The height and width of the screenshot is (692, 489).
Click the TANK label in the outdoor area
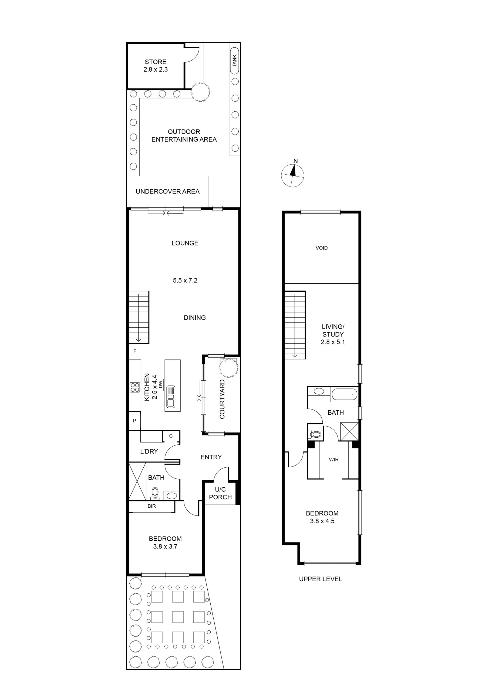(235, 61)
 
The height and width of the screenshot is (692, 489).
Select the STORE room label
(156, 62)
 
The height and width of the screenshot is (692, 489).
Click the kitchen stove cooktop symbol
(134, 387)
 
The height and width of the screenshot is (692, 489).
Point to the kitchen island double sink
(171, 397)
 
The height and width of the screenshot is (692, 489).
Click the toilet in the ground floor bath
(155, 493)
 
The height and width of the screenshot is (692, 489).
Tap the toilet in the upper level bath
(315, 435)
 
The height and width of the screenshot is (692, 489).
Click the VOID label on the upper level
(322, 248)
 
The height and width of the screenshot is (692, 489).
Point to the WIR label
(334, 460)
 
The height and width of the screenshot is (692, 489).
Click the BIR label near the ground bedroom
(152, 506)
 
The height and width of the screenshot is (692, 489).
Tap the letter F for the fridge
(135, 351)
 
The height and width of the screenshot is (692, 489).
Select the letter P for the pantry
(134, 421)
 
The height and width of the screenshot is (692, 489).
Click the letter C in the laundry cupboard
(171, 436)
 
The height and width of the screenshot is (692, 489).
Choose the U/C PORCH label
(220, 493)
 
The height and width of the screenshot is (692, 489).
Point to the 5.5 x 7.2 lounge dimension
(185, 280)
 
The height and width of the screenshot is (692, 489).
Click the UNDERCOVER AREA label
(168, 191)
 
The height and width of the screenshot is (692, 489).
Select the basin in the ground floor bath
(172, 496)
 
